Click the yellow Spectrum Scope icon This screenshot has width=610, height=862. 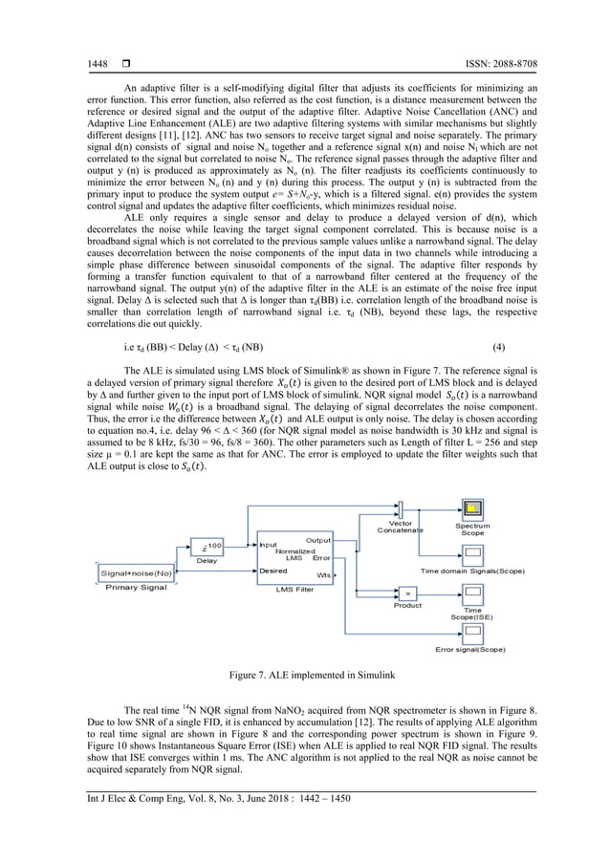point(471,508)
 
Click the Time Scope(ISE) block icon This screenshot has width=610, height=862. point(472,593)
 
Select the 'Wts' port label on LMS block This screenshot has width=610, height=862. point(324,575)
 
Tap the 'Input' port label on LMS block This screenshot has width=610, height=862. point(269,545)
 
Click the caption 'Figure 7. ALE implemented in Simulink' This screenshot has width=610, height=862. point(305,676)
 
